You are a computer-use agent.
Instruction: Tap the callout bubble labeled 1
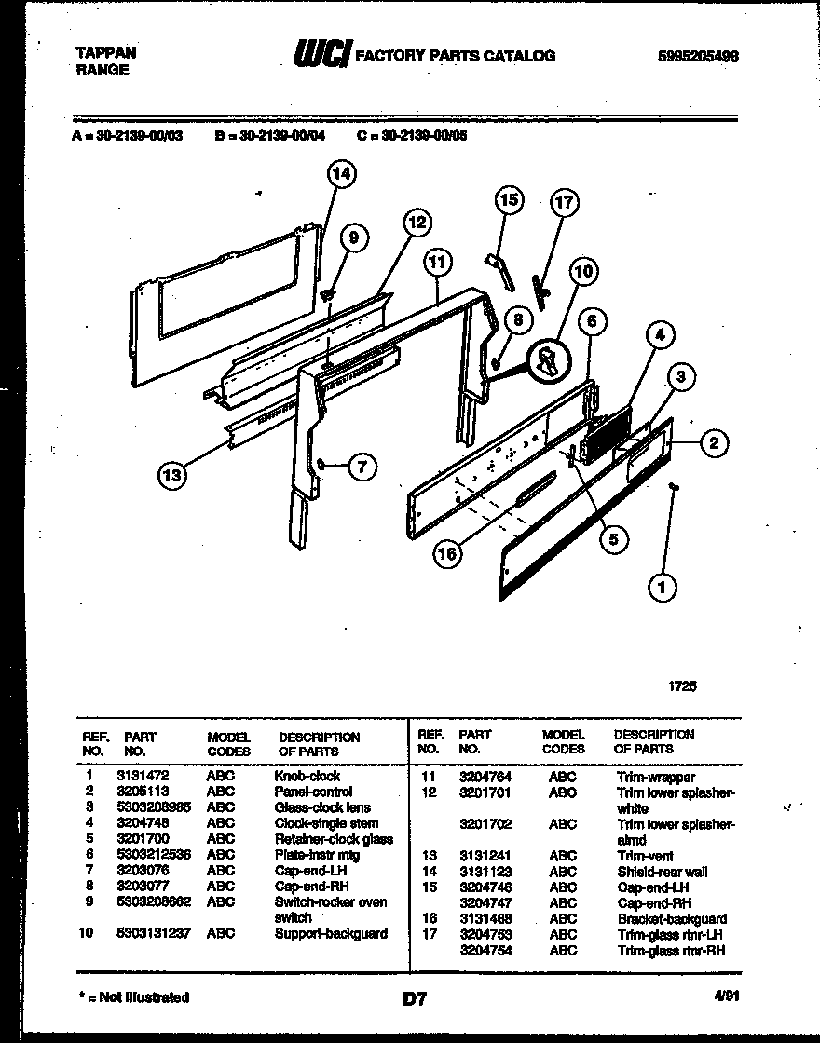[663, 586]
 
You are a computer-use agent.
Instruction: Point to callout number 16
[448, 553]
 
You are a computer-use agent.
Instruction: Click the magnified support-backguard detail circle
[547, 360]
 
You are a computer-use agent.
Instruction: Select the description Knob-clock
[307, 775]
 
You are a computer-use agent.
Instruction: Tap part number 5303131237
[156, 932]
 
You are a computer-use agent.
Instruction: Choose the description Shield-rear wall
[662, 872]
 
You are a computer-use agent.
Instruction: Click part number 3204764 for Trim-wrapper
[484, 776]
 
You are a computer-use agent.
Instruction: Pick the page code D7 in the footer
[414, 999]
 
